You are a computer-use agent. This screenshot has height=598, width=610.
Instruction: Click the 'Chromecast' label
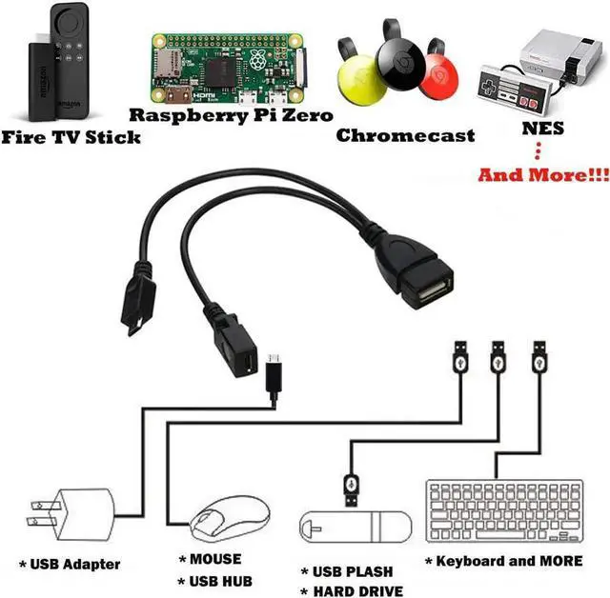coord(405,135)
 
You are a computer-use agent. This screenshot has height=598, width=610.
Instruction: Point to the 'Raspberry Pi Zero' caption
coord(231,115)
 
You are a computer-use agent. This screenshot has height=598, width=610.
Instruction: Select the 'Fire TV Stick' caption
coord(71,137)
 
